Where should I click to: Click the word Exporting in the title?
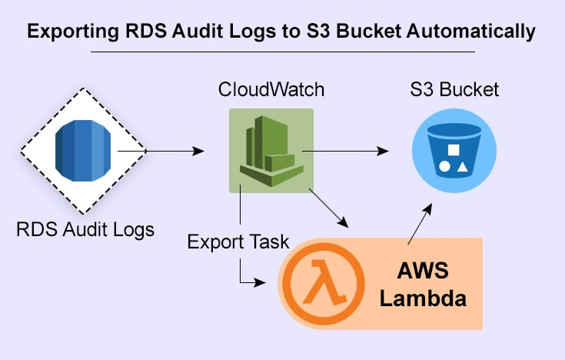coord(68,32)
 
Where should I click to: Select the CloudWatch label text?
coord(271,90)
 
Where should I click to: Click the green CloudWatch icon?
coord(271,151)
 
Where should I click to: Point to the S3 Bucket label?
coord(454,90)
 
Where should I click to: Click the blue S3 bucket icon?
coord(454,151)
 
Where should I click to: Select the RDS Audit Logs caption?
coord(85,228)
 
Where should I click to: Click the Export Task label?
coord(238,242)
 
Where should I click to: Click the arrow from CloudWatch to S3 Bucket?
coord(346,152)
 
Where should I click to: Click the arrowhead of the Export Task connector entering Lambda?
coord(268,282)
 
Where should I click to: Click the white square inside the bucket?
coord(454,149)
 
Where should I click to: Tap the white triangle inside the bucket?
coord(464,165)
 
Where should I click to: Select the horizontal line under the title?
coord(282,52)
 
